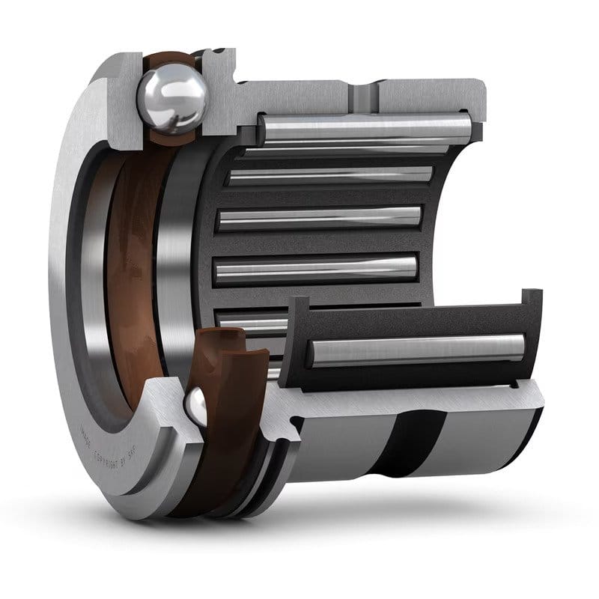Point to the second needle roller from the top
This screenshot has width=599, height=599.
point(329,176)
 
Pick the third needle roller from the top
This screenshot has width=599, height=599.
point(318,218)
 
